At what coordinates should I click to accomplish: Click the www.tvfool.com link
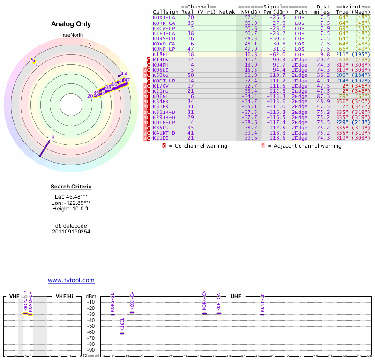point(71,280)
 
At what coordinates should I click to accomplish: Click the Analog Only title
point(71,24)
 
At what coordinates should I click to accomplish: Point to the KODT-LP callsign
point(164,81)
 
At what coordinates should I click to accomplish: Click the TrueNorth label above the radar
point(71,35)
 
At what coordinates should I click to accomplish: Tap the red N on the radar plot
point(90,45)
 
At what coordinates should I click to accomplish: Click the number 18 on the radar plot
point(52,138)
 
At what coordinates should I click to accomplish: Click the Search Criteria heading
point(71,187)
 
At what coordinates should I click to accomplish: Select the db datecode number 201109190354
point(71,232)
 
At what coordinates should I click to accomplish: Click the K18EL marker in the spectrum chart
point(122,333)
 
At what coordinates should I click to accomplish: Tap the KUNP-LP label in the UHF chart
point(262,303)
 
